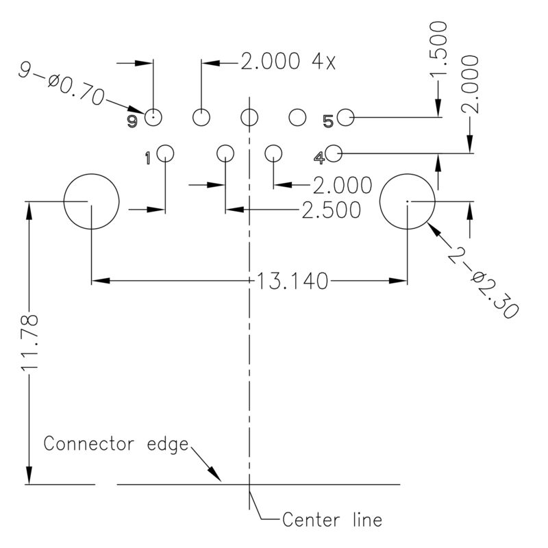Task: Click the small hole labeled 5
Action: coord(345,118)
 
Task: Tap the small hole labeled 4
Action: coord(334,153)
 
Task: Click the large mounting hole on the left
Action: coord(91,201)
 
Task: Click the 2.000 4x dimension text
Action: coord(288,62)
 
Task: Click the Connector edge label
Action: coord(116,443)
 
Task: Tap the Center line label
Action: coord(332,520)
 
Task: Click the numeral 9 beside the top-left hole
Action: coord(132,121)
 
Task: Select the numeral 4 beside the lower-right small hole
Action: coord(319,158)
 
